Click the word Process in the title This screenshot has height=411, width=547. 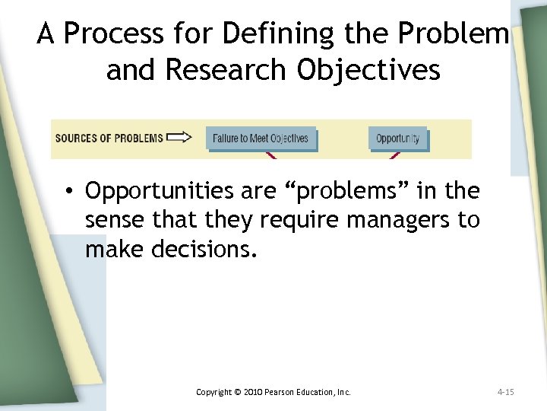(x=111, y=34)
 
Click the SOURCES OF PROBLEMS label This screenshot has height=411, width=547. (x=109, y=139)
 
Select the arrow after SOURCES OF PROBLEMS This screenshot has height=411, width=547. (x=179, y=138)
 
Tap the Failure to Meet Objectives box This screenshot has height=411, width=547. (x=261, y=139)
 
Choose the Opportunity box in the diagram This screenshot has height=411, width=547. (x=398, y=139)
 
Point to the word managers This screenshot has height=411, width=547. (x=393, y=220)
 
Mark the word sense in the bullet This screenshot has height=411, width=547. (x=110, y=220)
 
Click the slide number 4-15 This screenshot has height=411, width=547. (x=505, y=392)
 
